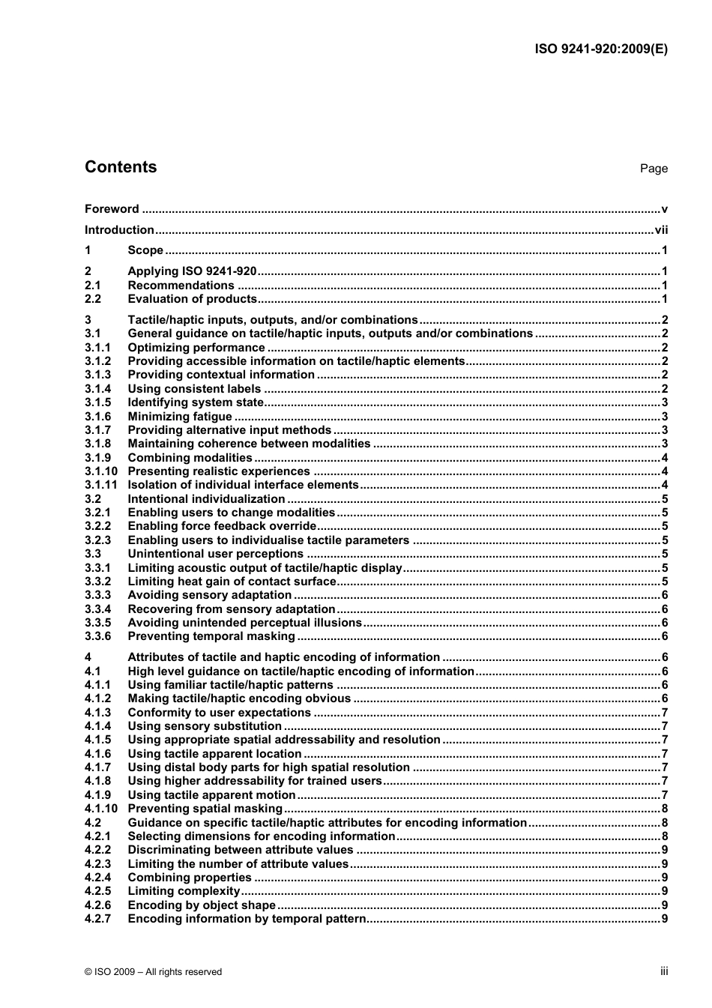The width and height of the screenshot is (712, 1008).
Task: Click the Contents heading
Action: click(121, 167)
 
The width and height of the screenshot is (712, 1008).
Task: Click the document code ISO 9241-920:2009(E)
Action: click(601, 49)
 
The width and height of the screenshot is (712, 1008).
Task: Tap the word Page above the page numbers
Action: click(654, 169)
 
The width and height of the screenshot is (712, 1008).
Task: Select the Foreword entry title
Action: click(112, 209)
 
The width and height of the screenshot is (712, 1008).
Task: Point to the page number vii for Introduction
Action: click(661, 230)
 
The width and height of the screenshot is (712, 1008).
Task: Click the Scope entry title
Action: click(145, 250)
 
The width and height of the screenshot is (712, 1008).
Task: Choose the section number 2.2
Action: click(93, 299)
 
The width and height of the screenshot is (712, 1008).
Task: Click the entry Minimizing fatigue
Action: click(180, 417)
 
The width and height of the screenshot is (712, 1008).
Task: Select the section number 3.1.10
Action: click(101, 471)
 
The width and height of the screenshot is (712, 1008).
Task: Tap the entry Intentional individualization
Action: click(206, 499)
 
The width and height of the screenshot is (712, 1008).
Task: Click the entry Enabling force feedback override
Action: click(222, 526)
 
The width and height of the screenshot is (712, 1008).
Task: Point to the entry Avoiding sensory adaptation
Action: click(209, 595)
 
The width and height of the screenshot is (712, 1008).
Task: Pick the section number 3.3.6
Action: click(97, 636)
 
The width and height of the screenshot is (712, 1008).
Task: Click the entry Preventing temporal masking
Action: click(211, 636)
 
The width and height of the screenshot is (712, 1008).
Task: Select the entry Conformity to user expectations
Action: click(219, 713)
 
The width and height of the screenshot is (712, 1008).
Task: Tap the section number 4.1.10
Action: click(101, 809)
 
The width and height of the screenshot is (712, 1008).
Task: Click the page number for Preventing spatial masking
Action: click(665, 809)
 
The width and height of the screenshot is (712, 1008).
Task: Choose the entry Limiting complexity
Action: click(184, 891)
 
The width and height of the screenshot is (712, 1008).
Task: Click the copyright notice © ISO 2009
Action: click(154, 972)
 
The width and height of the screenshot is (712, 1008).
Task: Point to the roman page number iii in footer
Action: click(664, 971)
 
